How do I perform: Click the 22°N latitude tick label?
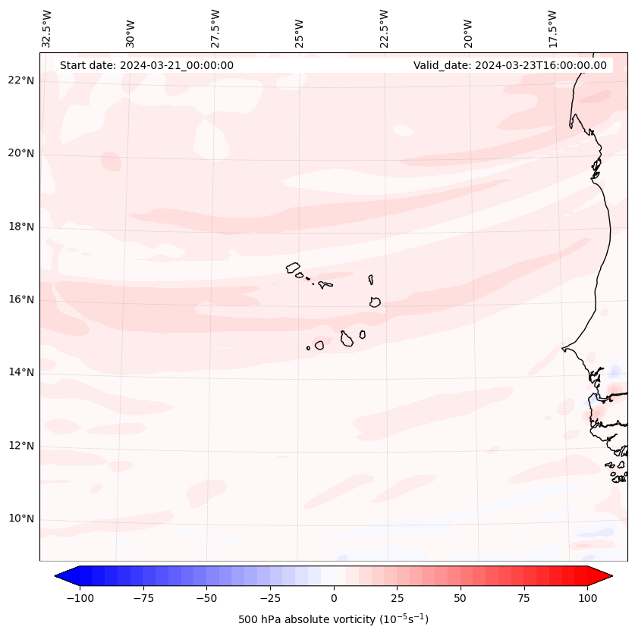coord(21,81)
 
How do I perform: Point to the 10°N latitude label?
coord(21,519)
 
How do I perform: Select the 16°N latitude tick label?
coord(21,300)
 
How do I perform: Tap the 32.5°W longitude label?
coord(47,28)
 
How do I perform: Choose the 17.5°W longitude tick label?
coord(552,28)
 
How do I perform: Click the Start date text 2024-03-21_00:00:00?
coord(146,65)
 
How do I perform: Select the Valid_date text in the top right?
coord(510,65)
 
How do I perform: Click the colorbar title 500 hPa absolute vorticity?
coord(333,620)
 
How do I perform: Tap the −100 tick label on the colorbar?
coord(80,598)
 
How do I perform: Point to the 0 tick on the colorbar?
coord(334,598)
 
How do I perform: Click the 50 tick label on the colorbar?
coord(461,598)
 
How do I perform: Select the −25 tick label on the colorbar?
coord(270,598)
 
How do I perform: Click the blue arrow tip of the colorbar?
coord(61,576)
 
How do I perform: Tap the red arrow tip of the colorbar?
coord(607,576)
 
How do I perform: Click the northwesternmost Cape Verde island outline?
coord(293,267)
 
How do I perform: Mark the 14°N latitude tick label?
coord(21,373)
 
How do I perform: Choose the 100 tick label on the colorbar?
coord(587,598)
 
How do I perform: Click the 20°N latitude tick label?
coord(21,154)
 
